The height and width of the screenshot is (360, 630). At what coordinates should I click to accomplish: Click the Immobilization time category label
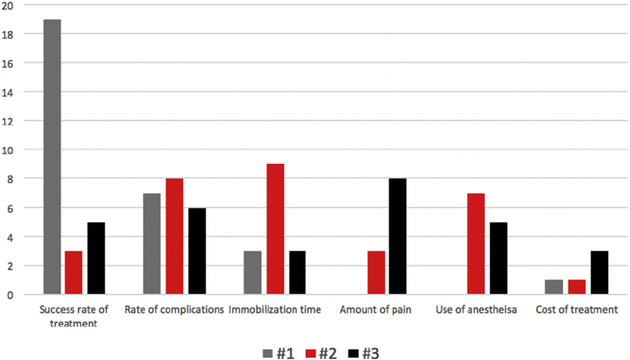coord(275,310)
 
